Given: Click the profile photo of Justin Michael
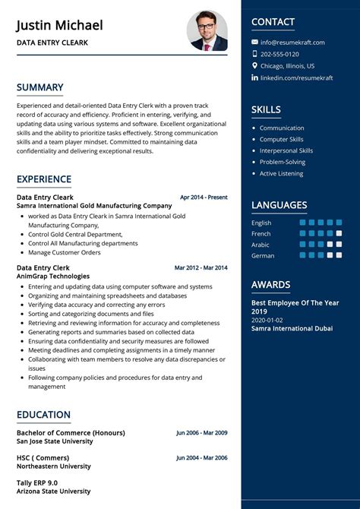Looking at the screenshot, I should [207, 31].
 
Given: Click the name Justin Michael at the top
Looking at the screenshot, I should [59, 25].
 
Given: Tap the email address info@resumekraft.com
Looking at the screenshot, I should [292, 43].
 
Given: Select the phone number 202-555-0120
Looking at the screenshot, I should [279, 54].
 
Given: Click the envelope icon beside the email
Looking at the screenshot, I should [255, 43].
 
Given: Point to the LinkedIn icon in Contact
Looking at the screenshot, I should [255, 77].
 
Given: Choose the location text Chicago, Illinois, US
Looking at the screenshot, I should [287, 66].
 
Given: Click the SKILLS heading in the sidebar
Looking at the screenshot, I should [266, 110].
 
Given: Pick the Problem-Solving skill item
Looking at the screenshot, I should [282, 162].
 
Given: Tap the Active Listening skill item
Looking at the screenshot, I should [281, 173].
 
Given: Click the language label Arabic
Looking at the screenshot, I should [261, 245].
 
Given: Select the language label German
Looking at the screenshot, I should [263, 256].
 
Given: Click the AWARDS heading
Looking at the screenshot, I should [270, 285].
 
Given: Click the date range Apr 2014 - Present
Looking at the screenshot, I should [204, 198].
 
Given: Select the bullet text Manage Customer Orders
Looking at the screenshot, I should [65, 252].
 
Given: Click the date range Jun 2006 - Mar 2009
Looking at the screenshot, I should [201, 433].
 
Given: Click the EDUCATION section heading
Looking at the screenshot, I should [43, 415].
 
